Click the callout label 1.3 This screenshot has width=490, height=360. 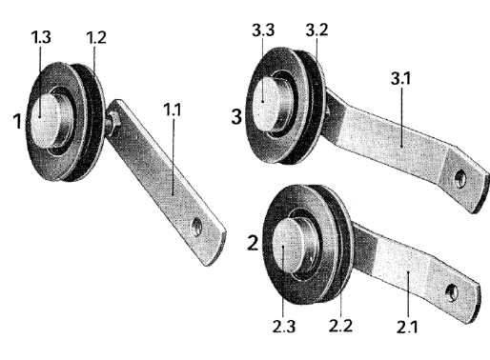pos(41,37)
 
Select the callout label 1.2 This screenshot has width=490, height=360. pos(96,37)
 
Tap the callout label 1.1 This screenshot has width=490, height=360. pos(173,110)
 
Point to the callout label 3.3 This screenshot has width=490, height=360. pos(263,30)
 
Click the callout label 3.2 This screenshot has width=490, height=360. pos(316,30)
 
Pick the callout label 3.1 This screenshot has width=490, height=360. pos(400,78)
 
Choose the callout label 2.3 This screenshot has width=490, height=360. pos(284,327)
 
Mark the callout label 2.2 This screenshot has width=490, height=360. pos(340,326)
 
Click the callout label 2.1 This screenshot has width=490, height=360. pos(407,327)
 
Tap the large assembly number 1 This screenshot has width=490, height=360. pos(18,121)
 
